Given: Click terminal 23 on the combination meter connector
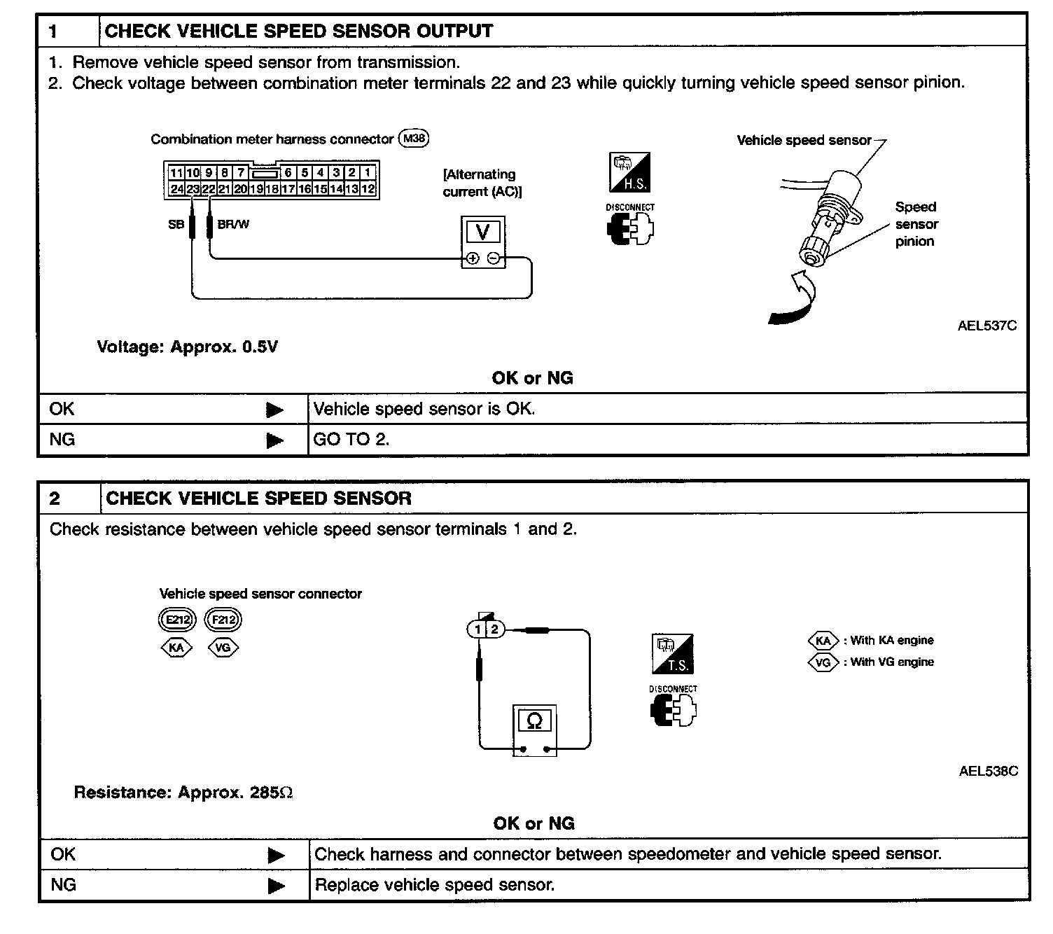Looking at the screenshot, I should [193, 188].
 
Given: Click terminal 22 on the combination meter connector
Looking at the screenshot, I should [209, 188].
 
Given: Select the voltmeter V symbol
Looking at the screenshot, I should [483, 232].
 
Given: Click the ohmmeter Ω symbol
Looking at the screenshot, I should [534, 720].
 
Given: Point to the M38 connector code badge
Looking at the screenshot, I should [413, 139].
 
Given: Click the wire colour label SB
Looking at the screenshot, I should [176, 225].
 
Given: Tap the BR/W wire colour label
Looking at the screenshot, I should [233, 225].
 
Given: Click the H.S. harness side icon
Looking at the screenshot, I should [629, 172].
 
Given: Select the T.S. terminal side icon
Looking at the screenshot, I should [672, 654].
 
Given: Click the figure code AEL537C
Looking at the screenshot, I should [986, 326].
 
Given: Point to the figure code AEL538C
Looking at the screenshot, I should [988, 771].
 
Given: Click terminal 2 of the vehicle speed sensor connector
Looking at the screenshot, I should [494, 629].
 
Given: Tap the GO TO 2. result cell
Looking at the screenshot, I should [351, 440].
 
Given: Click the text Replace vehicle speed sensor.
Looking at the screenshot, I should [435, 885].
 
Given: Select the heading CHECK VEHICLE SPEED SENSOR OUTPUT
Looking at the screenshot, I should [298, 31].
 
